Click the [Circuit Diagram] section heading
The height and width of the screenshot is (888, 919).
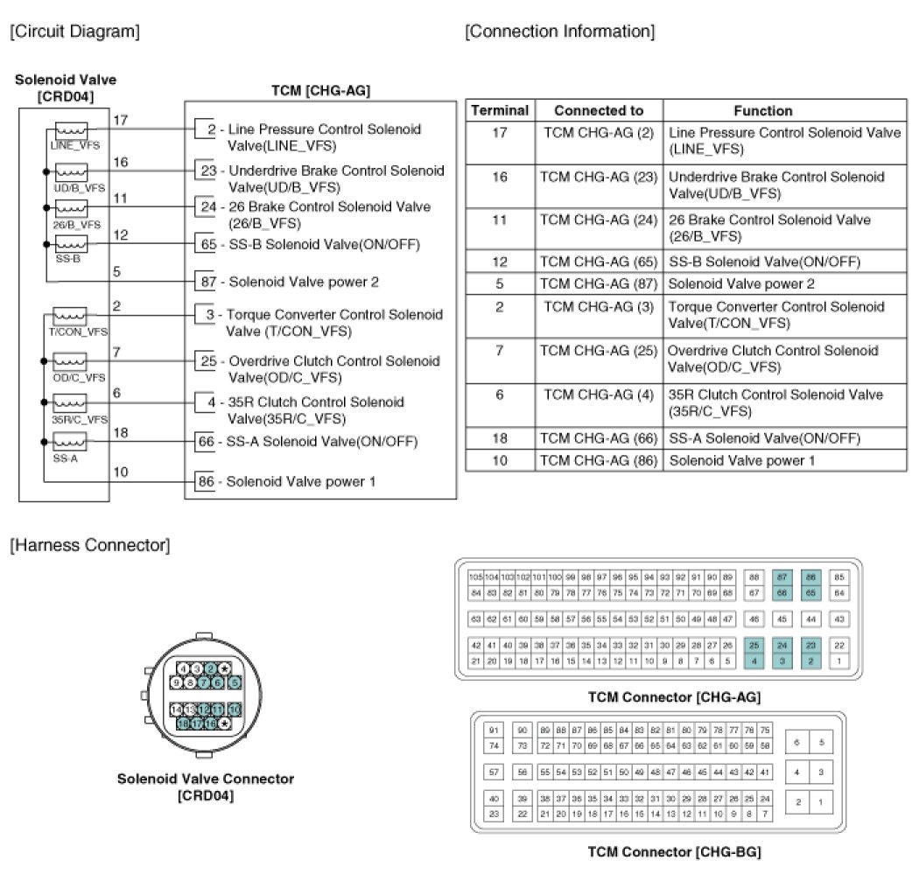click(x=74, y=32)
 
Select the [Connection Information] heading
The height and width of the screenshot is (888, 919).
click(x=559, y=32)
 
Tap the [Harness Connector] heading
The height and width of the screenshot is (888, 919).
click(x=89, y=546)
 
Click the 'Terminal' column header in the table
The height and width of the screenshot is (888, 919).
click(x=500, y=111)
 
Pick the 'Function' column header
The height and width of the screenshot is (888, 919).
click(x=762, y=111)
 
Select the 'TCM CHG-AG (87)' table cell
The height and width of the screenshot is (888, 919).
click(x=599, y=283)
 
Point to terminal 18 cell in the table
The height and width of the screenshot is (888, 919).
click(x=500, y=437)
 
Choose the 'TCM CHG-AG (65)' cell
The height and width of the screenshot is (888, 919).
click(x=599, y=262)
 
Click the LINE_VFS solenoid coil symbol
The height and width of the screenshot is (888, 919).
click(x=71, y=129)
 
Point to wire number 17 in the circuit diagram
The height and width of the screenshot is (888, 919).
click(x=121, y=120)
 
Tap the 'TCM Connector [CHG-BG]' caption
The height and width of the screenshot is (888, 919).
click(x=673, y=851)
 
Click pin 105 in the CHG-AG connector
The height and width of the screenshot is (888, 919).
click(x=475, y=577)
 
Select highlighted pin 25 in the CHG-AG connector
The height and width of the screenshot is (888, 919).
click(x=754, y=645)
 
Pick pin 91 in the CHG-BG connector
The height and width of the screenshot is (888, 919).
click(x=494, y=731)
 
